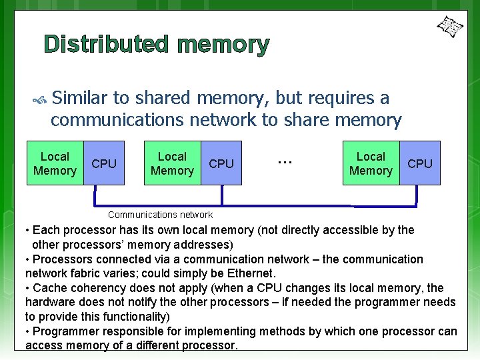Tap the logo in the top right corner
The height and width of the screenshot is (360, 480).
[x=449, y=27]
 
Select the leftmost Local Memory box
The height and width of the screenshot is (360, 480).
[x=55, y=163]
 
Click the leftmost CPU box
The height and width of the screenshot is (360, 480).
[x=103, y=163]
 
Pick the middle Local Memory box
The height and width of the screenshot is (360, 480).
[x=172, y=163]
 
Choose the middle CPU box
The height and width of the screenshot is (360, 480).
[x=221, y=163]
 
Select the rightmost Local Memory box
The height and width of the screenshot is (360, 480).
[x=371, y=163]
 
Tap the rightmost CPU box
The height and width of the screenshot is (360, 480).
[x=420, y=163]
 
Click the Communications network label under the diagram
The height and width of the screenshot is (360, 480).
[x=160, y=215]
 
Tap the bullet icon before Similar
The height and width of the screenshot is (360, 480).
[x=39, y=101]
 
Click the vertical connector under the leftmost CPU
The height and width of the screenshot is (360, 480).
[x=96, y=195]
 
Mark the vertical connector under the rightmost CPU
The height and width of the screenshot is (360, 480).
[x=417, y=195]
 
